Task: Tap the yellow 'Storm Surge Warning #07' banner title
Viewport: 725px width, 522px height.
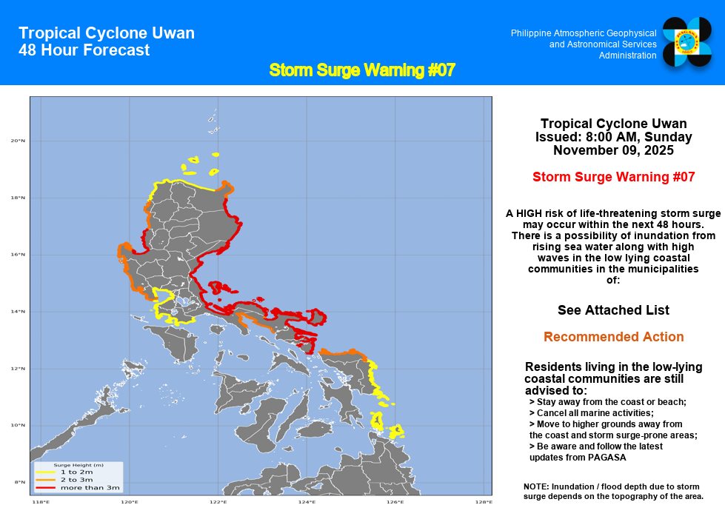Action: (361, 70)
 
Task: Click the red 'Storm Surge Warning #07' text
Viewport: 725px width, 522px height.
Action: (613, 177)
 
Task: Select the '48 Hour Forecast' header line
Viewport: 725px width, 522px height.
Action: (84, 50)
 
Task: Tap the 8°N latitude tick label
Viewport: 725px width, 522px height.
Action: (19, 482)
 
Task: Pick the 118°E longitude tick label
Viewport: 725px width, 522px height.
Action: (41, 503)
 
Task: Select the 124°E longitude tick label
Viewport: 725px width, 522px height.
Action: (307, 503)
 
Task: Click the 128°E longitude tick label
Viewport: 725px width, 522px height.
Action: (484, 503)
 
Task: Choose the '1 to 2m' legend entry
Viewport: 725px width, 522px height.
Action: (76, 472)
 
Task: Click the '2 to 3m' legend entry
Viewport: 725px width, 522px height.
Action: (76, 480)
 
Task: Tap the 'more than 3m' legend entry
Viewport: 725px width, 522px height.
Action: (90, 488)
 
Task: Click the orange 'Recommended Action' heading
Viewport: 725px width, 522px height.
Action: (613, 337)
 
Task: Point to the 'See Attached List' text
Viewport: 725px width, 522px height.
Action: (613, 309)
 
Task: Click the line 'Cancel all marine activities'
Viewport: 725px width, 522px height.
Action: (592, 412)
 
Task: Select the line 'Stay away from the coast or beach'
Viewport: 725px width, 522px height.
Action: (608, 401)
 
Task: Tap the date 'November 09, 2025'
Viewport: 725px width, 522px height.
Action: (613, 150)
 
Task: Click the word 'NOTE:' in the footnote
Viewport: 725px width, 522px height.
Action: (536, 486)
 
